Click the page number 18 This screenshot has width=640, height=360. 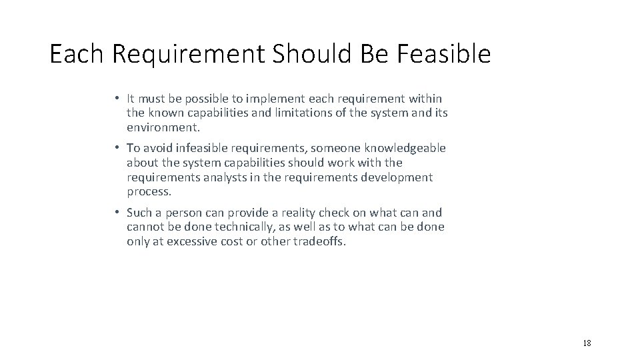587,343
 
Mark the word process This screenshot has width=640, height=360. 149,192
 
